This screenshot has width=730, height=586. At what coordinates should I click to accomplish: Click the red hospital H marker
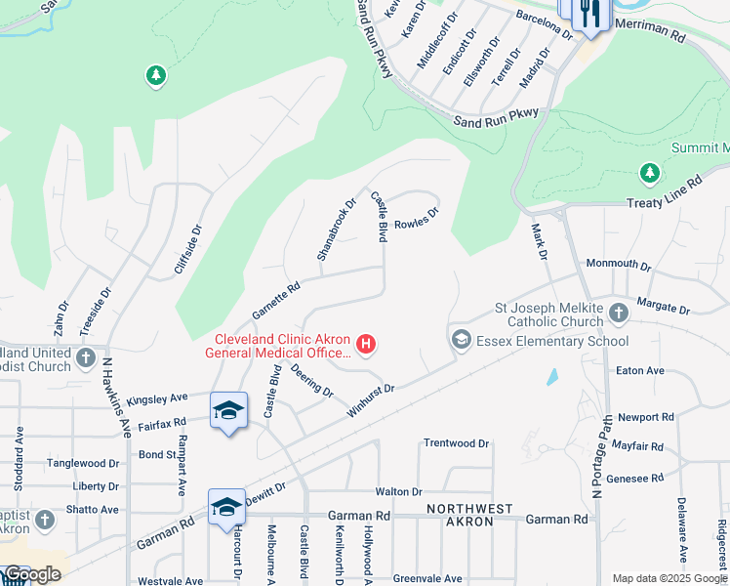point(366,343)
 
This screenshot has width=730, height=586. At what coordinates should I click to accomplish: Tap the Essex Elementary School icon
point(461,341)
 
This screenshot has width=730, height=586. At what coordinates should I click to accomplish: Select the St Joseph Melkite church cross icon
point(618,314)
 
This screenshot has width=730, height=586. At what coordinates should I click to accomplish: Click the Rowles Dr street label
point(417,214)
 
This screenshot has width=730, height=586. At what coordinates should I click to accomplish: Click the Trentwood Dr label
point(456,443)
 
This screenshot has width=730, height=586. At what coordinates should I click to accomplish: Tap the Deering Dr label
point(312,380)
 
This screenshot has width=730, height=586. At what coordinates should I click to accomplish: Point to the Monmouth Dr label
point(618,265)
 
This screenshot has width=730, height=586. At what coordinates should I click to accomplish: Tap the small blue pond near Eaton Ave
point(552,375)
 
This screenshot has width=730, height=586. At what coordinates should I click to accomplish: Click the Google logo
point(32,574)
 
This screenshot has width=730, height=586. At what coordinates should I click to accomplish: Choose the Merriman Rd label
point(650,30)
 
